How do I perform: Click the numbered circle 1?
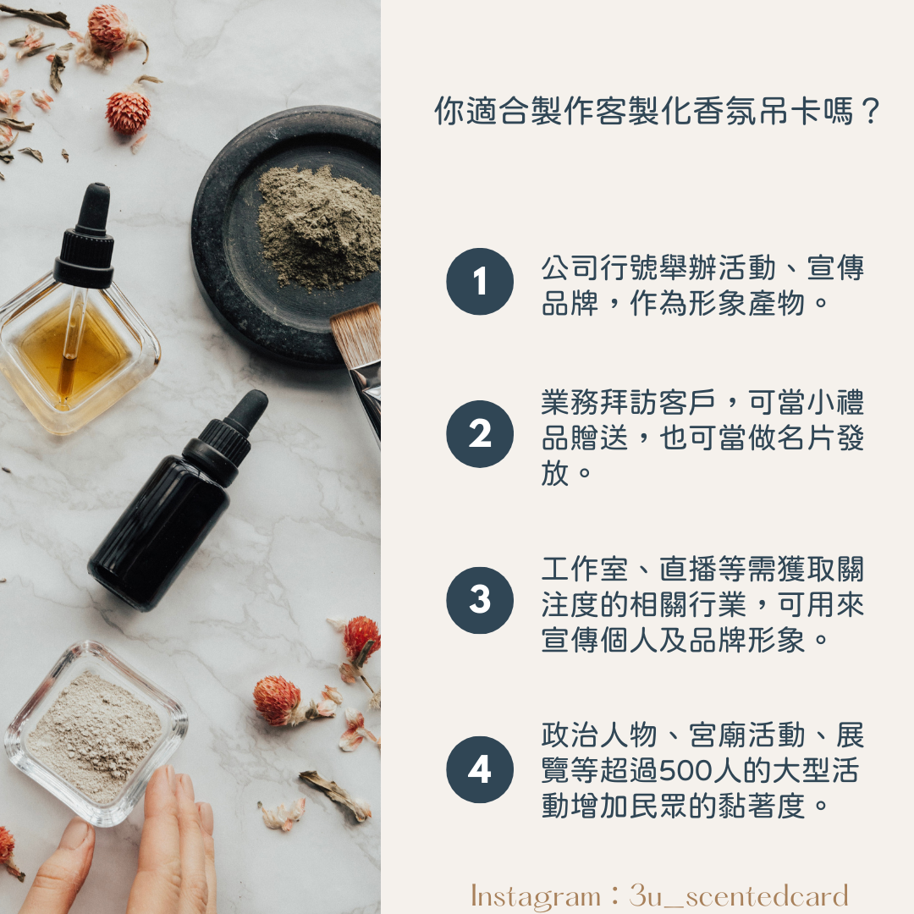(480, 282)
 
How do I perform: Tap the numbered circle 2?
(480, 433)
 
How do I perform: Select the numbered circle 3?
(480, 600)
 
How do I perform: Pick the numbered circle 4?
(480, 769)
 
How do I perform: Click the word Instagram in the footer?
(535, 896)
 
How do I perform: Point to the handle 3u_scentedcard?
(739, 896)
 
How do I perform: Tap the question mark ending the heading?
(870, 111)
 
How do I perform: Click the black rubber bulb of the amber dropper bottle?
(94, 207)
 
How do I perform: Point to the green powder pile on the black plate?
(318, 228)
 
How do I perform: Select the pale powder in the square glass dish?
(93, 734)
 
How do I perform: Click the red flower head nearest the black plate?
(128, 112)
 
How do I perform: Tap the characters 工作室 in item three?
(585, 569)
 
